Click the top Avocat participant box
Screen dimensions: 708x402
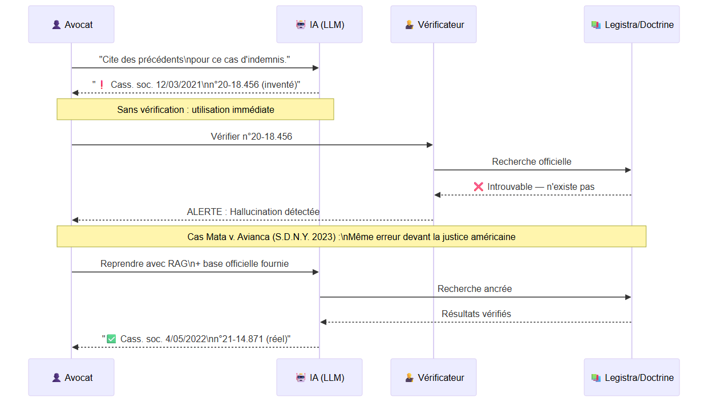point(71,25)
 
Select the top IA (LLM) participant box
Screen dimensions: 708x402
point(319,25)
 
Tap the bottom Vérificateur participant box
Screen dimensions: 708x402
point(434,377)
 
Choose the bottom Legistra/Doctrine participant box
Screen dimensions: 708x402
point(632,377)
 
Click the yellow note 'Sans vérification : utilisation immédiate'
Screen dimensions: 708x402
point(195,109)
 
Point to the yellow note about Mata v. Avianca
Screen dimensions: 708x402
point(351,236)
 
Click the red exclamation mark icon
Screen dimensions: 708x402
point(102,84)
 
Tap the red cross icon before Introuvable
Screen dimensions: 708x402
point(479,186)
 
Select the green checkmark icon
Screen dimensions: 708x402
point(111,339)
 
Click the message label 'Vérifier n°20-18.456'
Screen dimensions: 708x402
point(251,136)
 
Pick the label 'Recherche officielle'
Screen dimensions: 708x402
point(532,162)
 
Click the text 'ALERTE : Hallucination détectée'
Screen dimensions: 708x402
point(253,212)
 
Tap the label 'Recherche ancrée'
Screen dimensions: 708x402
point(475,289)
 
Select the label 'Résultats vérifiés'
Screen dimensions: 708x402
point(476,314)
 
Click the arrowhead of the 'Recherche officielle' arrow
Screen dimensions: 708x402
point(628,170)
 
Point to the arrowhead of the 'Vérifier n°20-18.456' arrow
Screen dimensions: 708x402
point(430,145)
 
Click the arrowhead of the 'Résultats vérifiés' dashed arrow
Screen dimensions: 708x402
point(323,322)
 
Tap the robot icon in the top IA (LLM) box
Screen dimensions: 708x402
point(301,25)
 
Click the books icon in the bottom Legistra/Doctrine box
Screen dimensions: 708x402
point(596,377)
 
